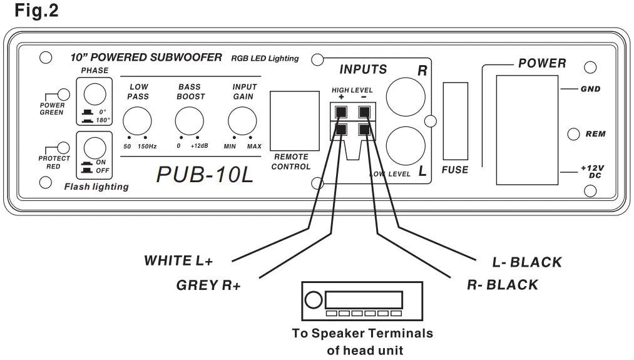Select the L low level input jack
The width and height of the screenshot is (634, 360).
(x=406, y=144)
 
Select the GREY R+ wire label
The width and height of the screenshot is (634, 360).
(x=209, y=286)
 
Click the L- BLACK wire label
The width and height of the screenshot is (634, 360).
(x=527, y=262)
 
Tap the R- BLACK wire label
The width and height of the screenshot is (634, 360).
(x=503, y=285)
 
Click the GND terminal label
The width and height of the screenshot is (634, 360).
(x=590, y=89)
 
